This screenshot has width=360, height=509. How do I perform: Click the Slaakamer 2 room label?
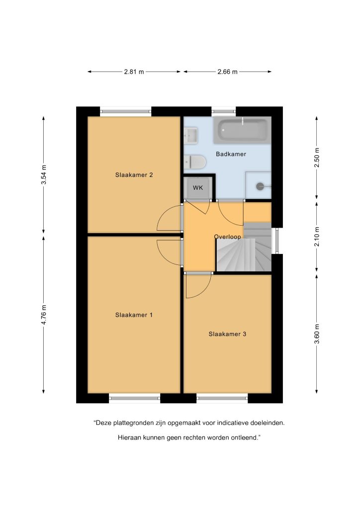tap(134, 175)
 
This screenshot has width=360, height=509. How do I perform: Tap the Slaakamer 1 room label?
tap(134, 315)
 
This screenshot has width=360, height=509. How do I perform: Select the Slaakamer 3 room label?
tap(227, 334)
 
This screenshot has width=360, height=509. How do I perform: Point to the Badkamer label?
tap(231, 154)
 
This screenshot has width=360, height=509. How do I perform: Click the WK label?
tap(198, 188)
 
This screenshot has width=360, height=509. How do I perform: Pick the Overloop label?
tap(228, 237)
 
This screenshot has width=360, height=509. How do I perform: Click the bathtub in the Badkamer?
tap(242, 130)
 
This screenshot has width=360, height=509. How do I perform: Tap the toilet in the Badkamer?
tap(195, 162)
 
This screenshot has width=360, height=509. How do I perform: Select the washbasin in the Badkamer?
tap(190, 136)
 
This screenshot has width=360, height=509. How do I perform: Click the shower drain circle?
tap(260, 186)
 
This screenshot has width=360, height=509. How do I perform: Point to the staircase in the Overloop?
tap(244, 248)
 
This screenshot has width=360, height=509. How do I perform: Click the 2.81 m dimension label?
tap(134, 72)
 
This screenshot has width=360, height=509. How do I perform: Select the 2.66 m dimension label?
tap(227, 72)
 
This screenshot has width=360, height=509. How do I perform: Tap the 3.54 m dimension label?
tap(43, 174)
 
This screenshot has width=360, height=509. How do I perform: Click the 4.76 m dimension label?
tap(43, 315)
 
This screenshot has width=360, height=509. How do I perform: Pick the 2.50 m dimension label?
tap(317, 158)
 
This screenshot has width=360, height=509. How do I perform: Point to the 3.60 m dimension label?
tap(317, 334)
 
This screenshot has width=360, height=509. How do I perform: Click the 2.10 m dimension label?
tap(317, 237)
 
